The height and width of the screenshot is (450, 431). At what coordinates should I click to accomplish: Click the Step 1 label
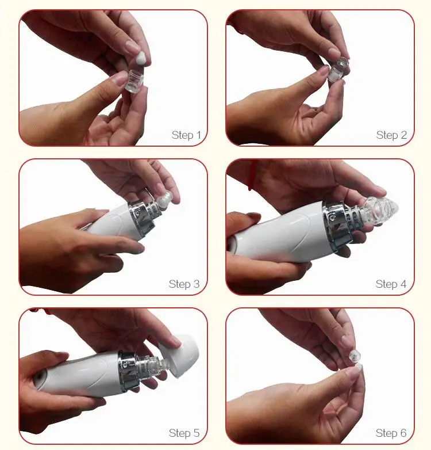tap(186, 135)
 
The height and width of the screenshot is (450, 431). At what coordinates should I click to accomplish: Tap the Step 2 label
tap(391, 135)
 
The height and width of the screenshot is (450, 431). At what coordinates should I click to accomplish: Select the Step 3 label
tap(184, 284)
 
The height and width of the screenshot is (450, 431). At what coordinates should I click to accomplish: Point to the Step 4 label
tap(391, 284)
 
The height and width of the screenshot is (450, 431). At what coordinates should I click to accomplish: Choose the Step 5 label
tap(184, 433)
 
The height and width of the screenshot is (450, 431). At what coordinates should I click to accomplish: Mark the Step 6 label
tap(391, 433)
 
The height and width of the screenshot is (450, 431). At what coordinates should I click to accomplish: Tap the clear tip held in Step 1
tap(134, 81)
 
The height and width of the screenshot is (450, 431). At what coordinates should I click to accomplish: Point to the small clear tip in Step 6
tap(354, 356)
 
